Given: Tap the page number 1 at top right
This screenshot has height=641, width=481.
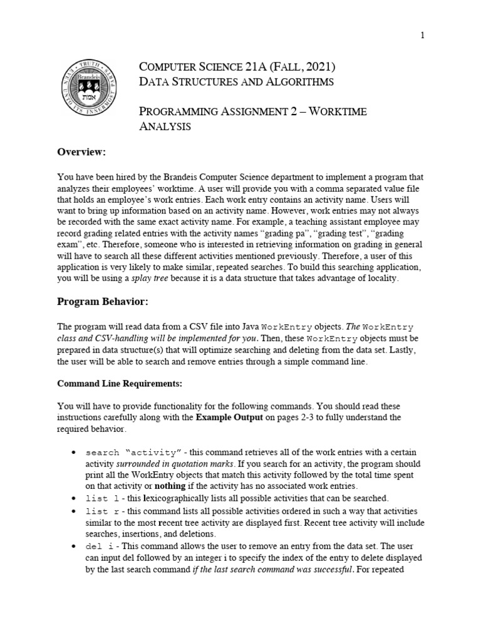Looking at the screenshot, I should coord(422,36).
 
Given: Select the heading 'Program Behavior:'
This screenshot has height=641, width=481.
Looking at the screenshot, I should coord(103,302).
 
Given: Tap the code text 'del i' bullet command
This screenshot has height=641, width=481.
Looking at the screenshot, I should coord(99,545).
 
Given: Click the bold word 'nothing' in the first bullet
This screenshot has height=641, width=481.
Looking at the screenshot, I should coord(172,486).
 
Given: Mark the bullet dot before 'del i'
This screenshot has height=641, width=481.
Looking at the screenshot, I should coord(74,545).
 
